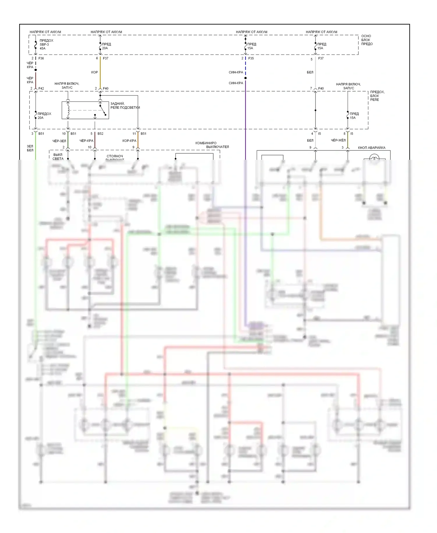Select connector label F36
pyautogui.click(x=41, y=58)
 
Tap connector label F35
pyautogui.click(x=251, y=58)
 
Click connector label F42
pyautogui.click(x=41, y=88)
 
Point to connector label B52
pyautogui.click(x=100, y=134)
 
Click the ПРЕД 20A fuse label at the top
pyautogui.click(x=106, y=46)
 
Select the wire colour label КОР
pyautogui.click(x=94, y=72)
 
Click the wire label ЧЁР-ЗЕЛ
pyautogui.click(x=59, y=141)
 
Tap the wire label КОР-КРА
pyautogui.click(x=129, y=141)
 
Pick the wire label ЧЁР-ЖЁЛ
pyautogui.click(x=338, y=140)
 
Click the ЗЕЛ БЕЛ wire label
pyautogui.click(x=30, y=148)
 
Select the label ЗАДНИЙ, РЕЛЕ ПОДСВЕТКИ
pyautogui.click(x=125, y=106)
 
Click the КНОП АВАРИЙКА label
pyautogui.click(x=371, y=148)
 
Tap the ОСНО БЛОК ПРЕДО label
pyautogui.click(x=366, y=40)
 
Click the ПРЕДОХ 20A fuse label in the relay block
pyautogui.click(x=44, y=116)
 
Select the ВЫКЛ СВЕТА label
pyautogui.click(x=58, y=157)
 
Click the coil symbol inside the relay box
pyautogui.click(x=68, y=110)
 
